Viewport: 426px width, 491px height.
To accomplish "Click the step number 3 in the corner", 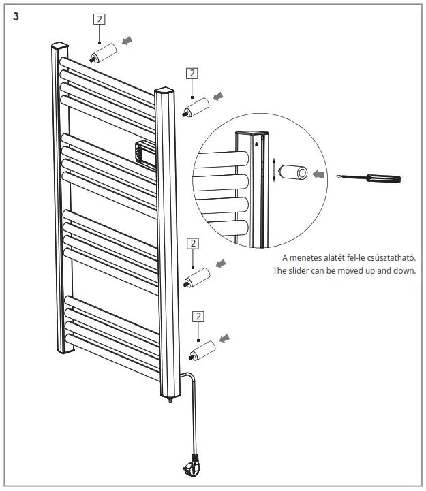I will click(x=16, y=17).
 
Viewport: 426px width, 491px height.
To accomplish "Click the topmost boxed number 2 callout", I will click(x=100, y=19).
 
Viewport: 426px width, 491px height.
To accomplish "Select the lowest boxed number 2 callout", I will click(x=198, y=316).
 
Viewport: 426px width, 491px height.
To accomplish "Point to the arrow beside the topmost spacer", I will click(x=127, y=41).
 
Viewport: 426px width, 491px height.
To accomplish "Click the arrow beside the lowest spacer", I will click(x=225, y=338).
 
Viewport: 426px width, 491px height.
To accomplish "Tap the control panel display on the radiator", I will click(x=144, y=153).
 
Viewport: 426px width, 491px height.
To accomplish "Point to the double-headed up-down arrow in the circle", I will click(x=274, y=169).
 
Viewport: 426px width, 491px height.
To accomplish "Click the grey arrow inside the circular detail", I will click(x=318, y=174).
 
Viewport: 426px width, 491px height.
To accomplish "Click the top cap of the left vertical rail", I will click(x=60, y=48).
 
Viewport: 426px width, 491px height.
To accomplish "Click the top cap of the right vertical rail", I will click(x=165, y=90).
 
